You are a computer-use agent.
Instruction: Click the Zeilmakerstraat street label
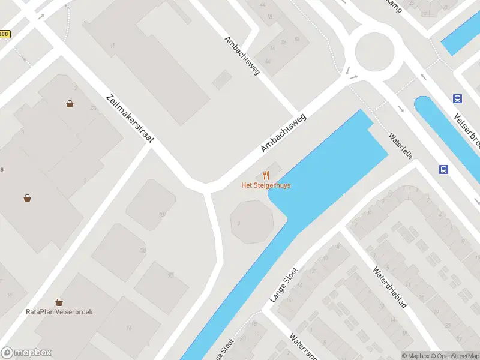click(130, 118)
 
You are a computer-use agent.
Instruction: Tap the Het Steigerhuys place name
click(266, 185)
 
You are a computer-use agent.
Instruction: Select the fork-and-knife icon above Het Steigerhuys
click(266, 175)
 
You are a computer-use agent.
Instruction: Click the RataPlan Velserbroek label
click(59, 312)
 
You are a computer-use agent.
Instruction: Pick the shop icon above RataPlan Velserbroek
click(59, 302)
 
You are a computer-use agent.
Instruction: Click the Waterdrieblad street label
click(390, 287)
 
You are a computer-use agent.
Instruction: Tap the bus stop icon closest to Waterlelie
click(444, 170)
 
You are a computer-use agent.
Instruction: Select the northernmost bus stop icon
click(458, 99)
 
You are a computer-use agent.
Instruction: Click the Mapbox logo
click(26, 353)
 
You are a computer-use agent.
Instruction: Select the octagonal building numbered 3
click(252, 221)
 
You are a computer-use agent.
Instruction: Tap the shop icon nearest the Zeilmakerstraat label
click(70, 104)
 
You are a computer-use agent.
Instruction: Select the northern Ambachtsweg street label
click(242, 56)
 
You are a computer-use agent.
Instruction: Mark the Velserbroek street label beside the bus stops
click(467, 130)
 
